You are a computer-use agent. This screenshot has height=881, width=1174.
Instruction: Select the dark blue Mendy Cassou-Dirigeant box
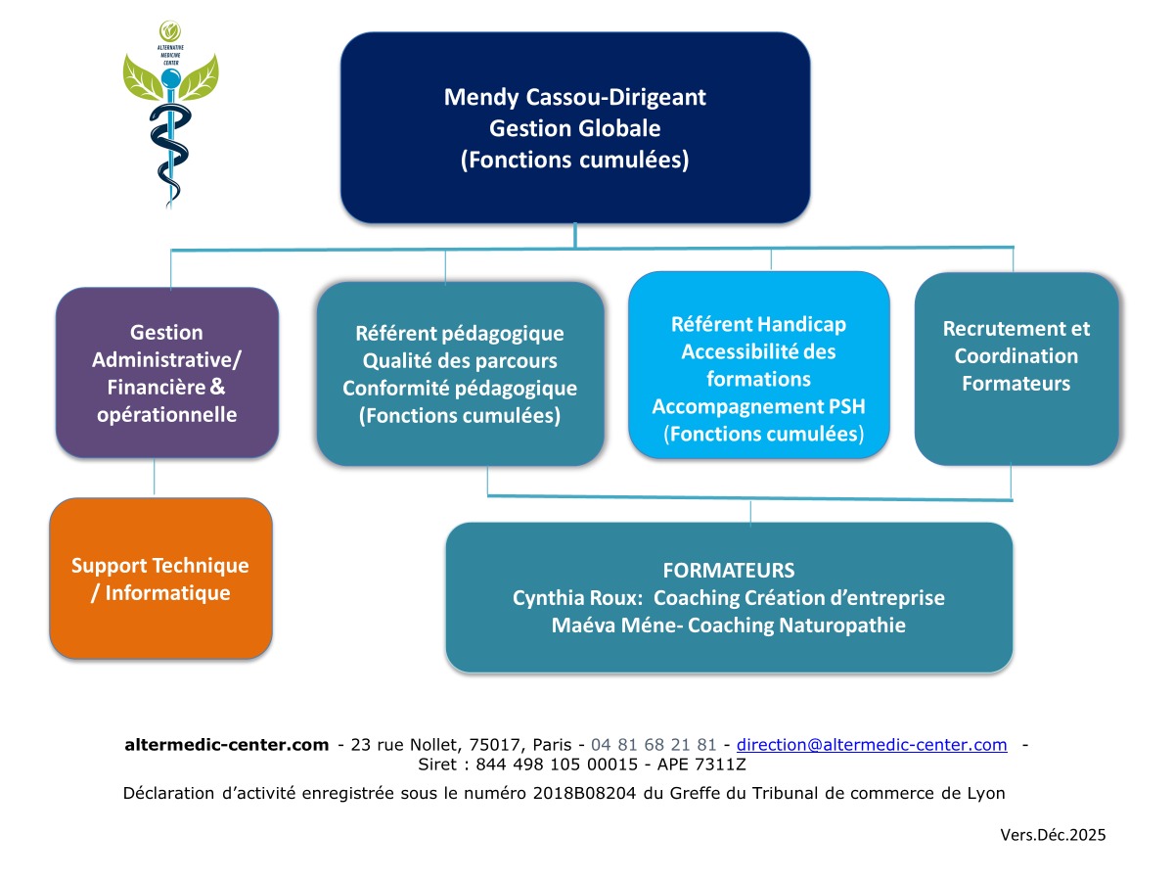(x=574, y=127)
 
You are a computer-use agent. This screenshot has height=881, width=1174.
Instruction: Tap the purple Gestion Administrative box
(x=166, y=373)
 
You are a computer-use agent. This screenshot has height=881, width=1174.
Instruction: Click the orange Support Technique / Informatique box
(x=160, y=579)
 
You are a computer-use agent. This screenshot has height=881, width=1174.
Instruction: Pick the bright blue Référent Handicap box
(x=758, y=365)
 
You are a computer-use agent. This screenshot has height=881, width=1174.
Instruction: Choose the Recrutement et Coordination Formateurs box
(x=1016, y=368)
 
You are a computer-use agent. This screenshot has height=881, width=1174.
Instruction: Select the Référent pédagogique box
(x=460, y=375)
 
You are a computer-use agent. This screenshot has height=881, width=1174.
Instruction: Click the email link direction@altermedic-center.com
(x=872, y=745)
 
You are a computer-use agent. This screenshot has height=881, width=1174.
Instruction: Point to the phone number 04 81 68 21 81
(x=654, y=745)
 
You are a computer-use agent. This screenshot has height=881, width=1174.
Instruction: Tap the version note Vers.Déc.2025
(x=1053, y=835)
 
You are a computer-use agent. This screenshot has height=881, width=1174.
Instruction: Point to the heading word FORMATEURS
(x=729, y=571)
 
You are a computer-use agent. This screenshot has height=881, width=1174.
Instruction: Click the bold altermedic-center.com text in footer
(x=227, y=745)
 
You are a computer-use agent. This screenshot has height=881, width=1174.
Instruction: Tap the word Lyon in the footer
(x=985, y=793)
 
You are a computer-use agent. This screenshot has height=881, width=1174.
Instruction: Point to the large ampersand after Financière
(x=217, y=388)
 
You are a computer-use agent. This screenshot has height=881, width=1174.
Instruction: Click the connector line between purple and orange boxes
(x=155, y=479)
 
